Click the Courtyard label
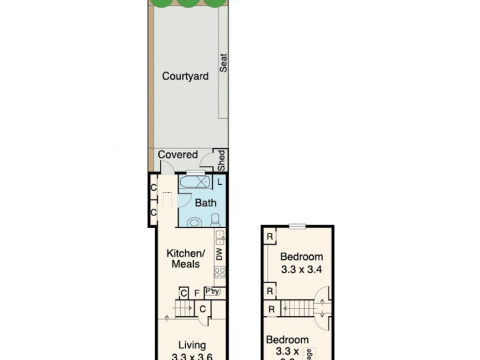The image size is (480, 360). [x=185, y=76]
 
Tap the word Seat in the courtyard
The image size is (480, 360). [x=223, y=63]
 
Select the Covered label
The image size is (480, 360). [x=178, y=155]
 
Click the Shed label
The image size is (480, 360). [x=221, y=160]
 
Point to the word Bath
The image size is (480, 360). [x=205, y=203]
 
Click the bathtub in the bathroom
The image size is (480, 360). [x=195, y=181]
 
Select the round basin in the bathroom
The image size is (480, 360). [x=194, y=222]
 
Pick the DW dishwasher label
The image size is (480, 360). [x=220, y=254]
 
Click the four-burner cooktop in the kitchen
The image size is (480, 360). [x=220, y=273]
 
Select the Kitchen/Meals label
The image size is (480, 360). [x=185, y=259]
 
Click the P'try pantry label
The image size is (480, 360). [x=212, y=292]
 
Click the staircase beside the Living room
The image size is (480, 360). [x=185, y=308]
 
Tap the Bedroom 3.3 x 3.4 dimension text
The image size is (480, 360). [x=302, y=269]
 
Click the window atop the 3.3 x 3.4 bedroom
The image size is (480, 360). [x=297, y=226]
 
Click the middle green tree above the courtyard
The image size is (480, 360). [x=188, y=3]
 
